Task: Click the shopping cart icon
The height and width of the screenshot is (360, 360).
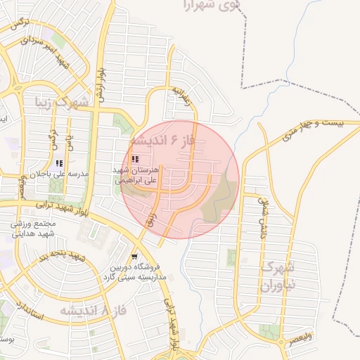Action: click(x=134, y=257)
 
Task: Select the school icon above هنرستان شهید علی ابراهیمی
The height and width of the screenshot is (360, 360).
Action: click(x=135, y=160)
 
